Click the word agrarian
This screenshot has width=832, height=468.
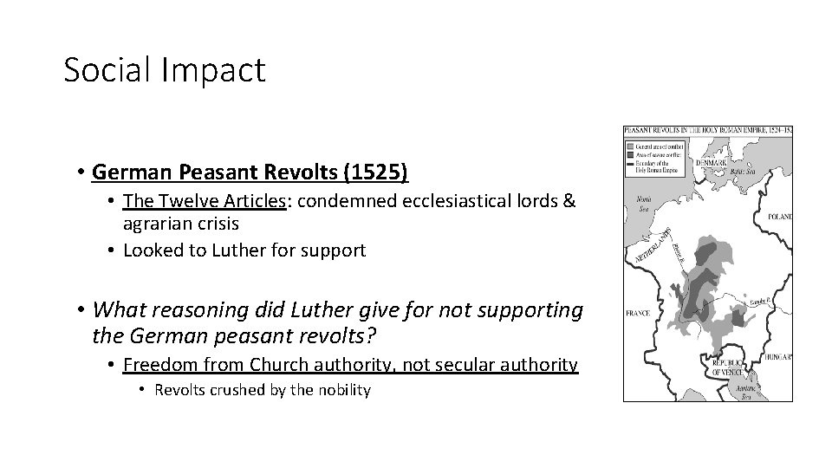[154, 223]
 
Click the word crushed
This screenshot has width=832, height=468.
[234, 390]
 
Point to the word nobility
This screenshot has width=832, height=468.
[342, 390]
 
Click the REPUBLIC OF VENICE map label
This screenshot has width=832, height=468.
[726, 366]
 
